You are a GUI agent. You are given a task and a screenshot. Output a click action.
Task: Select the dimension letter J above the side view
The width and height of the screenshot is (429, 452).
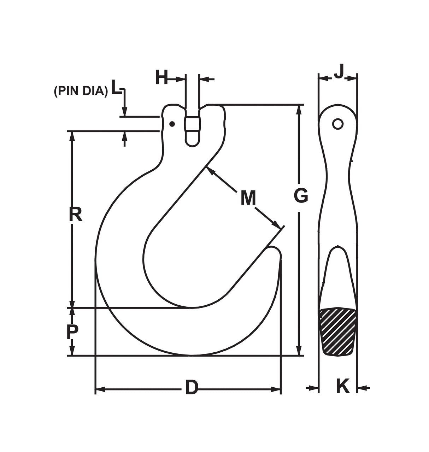(x=339, y=72)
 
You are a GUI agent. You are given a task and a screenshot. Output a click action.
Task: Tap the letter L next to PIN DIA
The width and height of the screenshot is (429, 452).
(x=116, y=87)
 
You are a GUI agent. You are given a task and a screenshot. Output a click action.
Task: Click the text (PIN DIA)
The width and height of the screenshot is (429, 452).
(x=81, y=91)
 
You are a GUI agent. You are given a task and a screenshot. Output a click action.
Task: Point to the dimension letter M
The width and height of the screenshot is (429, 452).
(x=248, y=198)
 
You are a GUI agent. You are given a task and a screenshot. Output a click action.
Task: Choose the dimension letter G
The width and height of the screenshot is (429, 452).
(x=301, y=196)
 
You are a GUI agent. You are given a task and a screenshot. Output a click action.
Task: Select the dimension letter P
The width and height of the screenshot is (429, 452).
(x=72, y=332)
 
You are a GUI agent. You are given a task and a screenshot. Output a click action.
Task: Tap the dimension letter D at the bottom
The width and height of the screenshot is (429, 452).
(x=191, y=388)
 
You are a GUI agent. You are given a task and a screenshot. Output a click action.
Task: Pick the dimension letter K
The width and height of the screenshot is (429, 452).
(x=342, y=386)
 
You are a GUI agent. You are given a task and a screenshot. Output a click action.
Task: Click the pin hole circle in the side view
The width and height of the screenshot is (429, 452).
(x=337, y=124)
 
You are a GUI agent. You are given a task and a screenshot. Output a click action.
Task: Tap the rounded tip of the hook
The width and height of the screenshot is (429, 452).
(x=275, y=252)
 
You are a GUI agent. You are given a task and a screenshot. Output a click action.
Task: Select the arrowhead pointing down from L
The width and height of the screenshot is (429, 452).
(x=124, y=111)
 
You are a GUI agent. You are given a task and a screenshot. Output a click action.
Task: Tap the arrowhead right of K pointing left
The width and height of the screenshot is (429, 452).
(x=361, y=388)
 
